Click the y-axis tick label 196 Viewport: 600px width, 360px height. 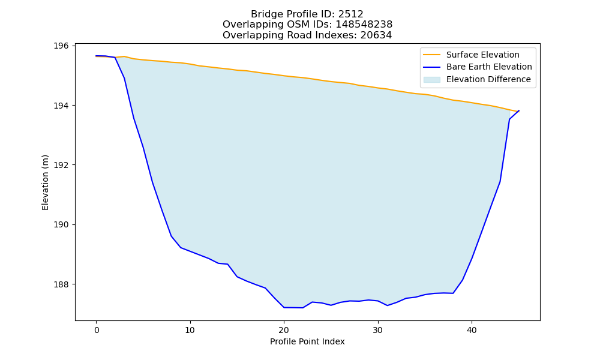(x=61, y=46)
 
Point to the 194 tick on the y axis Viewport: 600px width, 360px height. (x=61, y=106)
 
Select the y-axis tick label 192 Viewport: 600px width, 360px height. (x=61, y=165)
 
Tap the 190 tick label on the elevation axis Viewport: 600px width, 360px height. (x=61, y=225)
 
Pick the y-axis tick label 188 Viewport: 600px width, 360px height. (x=61, y=284)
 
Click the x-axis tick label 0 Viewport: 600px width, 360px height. (x=97, y=331)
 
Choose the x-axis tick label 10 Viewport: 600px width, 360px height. (x=190, y=331)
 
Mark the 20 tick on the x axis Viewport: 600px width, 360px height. (x=284, y=331)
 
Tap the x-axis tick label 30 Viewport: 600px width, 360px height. (x=377, y=331)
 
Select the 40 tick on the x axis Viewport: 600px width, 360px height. (x=472, y=331)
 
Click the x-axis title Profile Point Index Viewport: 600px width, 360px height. (x=307, y=341)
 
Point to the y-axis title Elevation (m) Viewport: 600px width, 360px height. (x=45, y=182)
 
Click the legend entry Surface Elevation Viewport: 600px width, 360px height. (x=482, y=55)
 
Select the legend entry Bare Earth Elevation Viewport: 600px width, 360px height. (x=489, y=67)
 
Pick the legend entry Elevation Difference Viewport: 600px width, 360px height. (x=488, y=80)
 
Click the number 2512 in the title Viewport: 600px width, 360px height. (x=350, y=14)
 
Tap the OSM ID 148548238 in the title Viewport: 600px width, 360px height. (x=364, y=25)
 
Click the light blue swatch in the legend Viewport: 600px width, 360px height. (x=431, y=80)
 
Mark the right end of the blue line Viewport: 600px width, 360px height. (x=519, y=110)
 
